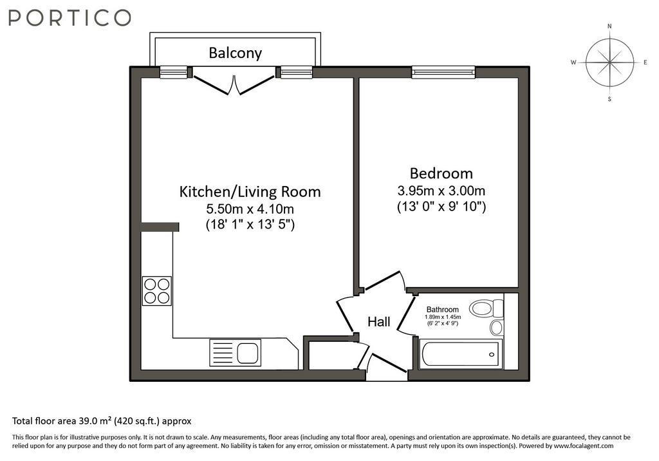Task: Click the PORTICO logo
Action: click(70, 17)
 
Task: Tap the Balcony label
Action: click(236, 53)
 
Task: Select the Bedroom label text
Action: click(441, 173)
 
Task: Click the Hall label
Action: click(379, 322)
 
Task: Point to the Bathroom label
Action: click(443, 310)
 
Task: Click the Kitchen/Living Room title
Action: click(250, 192)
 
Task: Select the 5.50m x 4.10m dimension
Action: click(250, 209)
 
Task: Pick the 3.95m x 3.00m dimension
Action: click(441, 191)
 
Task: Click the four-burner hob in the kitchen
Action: click(157, 291)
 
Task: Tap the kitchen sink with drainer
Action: click(235, 352)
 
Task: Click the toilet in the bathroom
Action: click(487, 309)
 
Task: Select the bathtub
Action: click(461, 354)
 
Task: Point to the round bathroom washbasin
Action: click(496, 327)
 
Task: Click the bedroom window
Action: click(443, 72)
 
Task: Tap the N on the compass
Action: click(609, 26)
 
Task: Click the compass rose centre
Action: click(609, 62)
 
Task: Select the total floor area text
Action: click(102, 421)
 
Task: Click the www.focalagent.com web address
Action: click(583, 446)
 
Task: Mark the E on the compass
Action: click(645, 62)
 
